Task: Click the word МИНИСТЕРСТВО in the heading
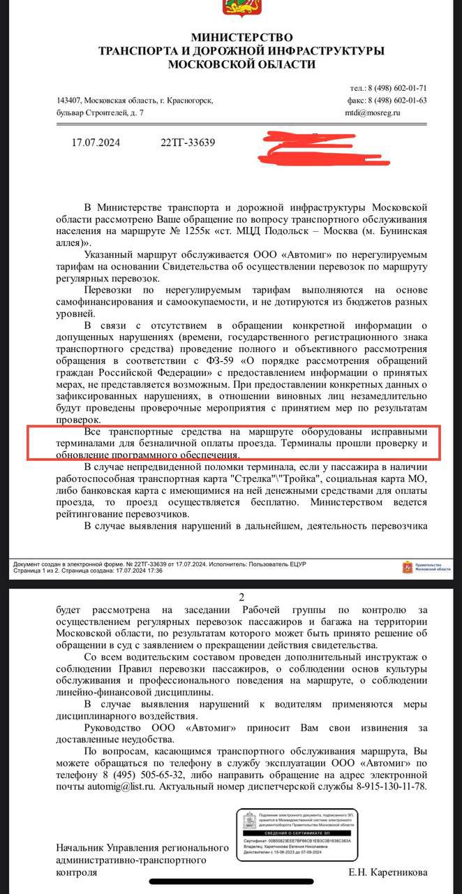click(232, 37)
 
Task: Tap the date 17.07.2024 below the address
click(96, 143)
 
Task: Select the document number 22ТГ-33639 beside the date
click(188, 143)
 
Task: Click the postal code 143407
click(70, 101)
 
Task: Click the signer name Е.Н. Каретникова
click(388, 872)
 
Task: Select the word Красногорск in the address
click(186, 101)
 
